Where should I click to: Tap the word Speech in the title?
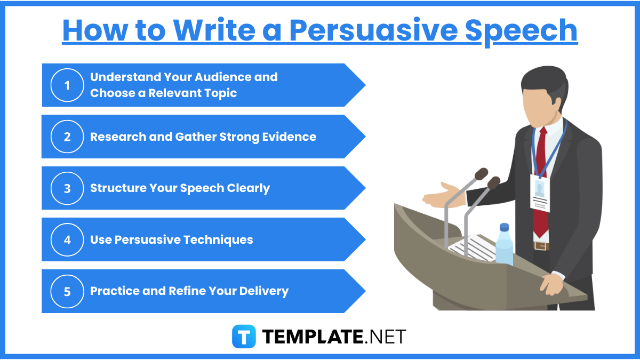pyautogui.click(x=521, y=30)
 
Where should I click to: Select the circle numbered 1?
pyautogui.click(x=67, y=85)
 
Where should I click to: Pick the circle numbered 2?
pyautogui.click(x=67, y=137)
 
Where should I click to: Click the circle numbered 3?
pyautogui.click(x=67, y=188)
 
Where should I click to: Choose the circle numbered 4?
pyautogui.click(x=67, y=239)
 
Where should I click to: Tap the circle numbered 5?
pyautogui.click(x=67, y=291)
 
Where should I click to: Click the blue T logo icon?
pyautogui.click(x=244, y=336)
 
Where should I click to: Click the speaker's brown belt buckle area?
pyautogui.click(x=541, y=246)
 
